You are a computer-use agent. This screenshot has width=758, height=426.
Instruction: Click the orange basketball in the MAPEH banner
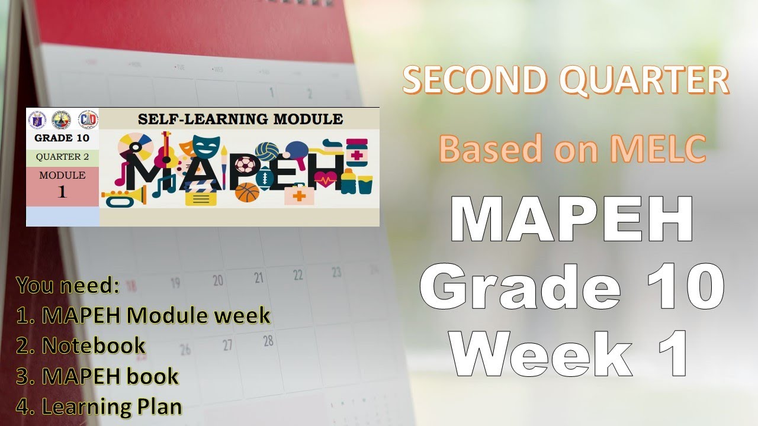247,193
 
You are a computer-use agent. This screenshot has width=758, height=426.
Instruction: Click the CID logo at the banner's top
88,120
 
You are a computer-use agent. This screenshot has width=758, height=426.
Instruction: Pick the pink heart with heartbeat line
326,177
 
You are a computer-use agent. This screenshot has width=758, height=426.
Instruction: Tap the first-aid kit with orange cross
299,195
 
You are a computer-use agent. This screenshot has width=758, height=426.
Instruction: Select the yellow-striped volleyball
271,151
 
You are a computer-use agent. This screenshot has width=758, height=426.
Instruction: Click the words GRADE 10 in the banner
62,139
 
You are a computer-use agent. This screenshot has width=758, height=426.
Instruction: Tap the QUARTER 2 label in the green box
62,157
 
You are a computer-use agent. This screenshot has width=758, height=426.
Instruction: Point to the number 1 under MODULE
62,192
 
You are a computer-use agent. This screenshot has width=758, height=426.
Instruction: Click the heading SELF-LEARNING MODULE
240,119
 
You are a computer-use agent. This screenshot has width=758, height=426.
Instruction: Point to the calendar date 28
268,341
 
